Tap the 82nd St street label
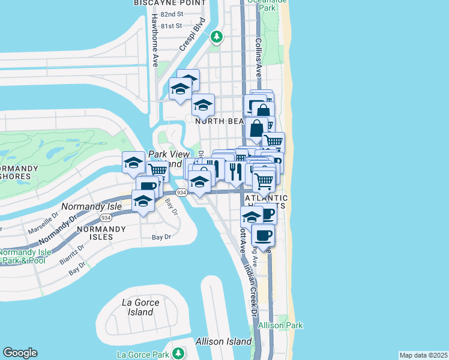coord(170,14)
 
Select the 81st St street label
coord(170,26)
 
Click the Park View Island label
coord(164,159)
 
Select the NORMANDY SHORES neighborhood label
coord(19,172)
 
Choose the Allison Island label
coord(223,341)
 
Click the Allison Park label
coord(280,326)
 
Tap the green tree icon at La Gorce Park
coord(178,352)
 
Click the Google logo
coord(20,353)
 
